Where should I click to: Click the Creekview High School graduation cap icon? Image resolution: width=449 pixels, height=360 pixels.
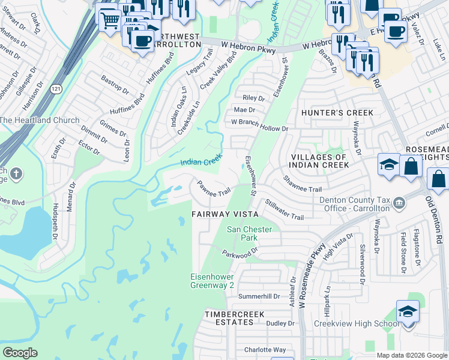coord(408,312)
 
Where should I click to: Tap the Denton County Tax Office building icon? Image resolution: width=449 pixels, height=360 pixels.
coord(398,206)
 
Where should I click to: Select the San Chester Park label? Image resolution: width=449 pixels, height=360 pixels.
coord(249,233)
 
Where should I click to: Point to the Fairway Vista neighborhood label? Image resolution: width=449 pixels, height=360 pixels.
coord(224,214)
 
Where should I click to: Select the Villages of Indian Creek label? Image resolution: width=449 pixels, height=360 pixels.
coord(319,161)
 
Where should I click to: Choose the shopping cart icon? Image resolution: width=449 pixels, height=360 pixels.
coord(109,20)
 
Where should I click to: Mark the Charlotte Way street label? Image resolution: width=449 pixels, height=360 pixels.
coord(265,350)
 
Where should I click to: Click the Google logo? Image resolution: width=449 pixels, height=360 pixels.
coord(20,353)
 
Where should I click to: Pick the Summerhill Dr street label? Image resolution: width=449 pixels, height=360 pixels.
coord(259,296)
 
